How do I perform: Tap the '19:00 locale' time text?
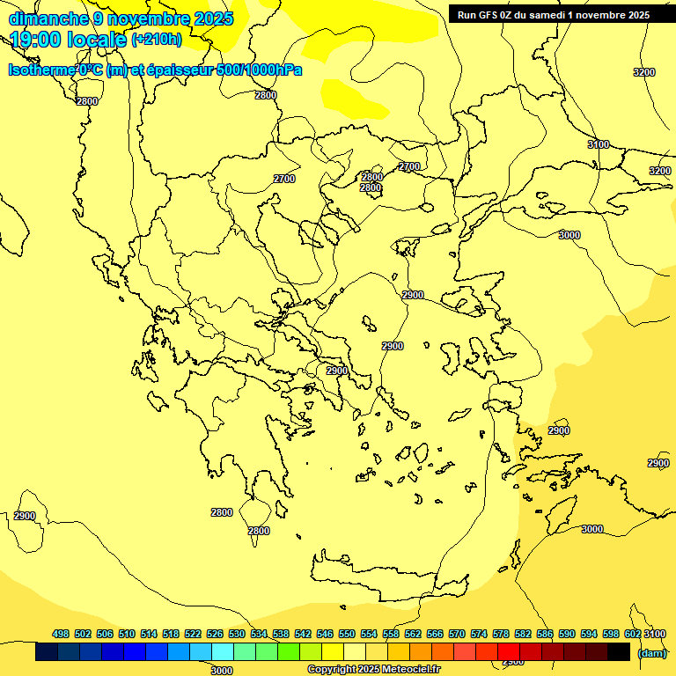coord(69,40)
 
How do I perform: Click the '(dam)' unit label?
coord(651,653)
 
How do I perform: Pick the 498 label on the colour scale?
coord(61,634)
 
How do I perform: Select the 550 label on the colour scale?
coord(347,634)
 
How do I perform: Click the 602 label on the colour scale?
coord(632,634)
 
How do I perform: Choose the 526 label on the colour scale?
coord(215,634)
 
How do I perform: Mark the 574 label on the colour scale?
coord(479,634)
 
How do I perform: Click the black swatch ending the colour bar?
coord(619,652)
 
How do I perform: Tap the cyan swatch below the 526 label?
coord(223,652)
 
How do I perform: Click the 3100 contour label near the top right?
coord(599,144)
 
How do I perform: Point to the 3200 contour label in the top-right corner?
coord(644,72)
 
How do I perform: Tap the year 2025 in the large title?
coord(212,18)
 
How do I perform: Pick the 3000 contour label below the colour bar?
coord(222,671)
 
